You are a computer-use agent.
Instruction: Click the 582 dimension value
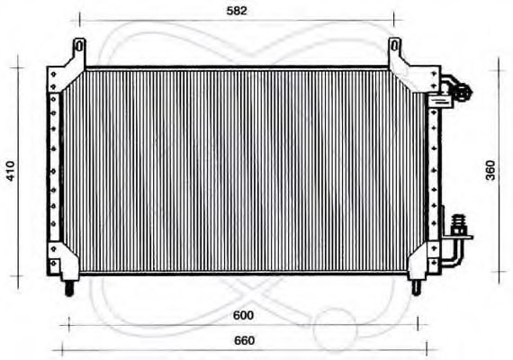coord(237,11)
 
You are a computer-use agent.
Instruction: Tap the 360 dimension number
coord(491,171)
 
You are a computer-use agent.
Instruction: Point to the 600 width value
coord(242,316)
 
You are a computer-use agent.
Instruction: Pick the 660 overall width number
coord(243,340)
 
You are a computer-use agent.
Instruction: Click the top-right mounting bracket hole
coord(394,44)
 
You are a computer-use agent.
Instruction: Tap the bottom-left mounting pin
coord(69,289)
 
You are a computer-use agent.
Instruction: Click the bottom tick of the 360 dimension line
coord(498,269)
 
